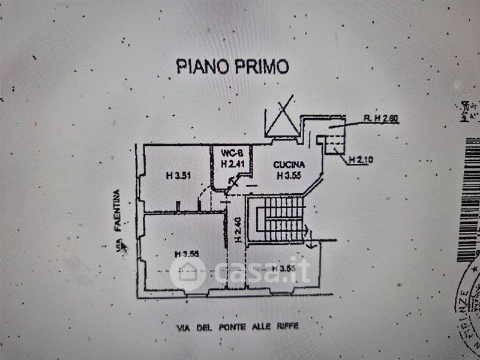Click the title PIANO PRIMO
[232, 66]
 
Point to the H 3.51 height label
[178, 176]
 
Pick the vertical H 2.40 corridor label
[238, 229]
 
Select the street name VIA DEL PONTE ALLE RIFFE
[237, 327]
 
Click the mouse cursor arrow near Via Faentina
[124, 245]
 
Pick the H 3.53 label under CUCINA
[289, 176]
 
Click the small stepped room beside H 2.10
[334, 143]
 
